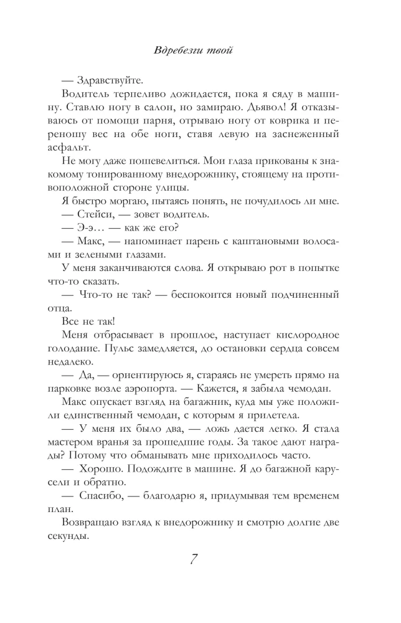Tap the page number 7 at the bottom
click(200, 559)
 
